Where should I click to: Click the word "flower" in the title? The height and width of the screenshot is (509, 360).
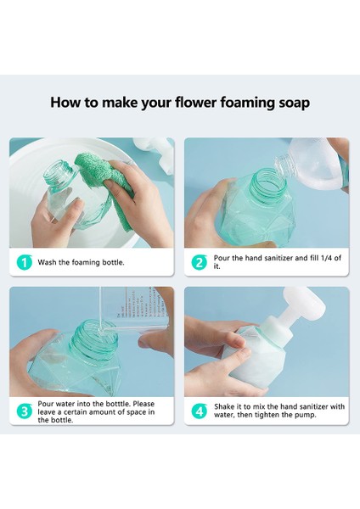(x=195, y=103)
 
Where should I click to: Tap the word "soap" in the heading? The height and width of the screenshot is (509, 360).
(x=294, y=103)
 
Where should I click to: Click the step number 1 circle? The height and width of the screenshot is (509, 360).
(x=25, y=262)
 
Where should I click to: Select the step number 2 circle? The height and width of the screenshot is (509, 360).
(x=199, y=262)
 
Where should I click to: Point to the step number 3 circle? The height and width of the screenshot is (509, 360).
(x=25, y=411)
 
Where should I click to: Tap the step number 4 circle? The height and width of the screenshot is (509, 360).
(x=199, y=411)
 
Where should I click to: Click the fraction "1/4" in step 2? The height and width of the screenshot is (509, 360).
(x=326, y=258)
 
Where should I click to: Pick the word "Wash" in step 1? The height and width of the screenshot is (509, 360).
(x=47, y=262)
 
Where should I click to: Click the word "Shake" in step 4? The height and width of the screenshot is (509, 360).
(x=224, y=406)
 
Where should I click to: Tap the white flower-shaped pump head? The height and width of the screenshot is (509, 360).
(x=304, y=305)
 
